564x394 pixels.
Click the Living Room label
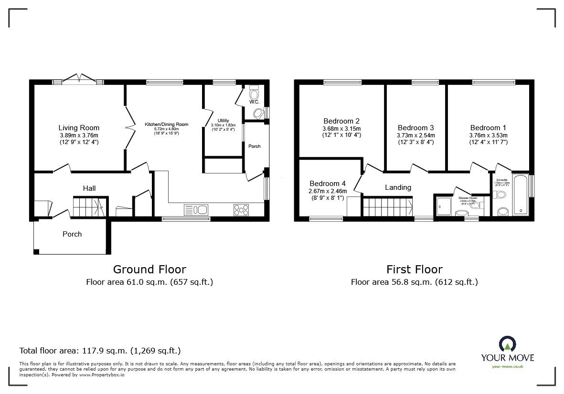(x=79, y=127)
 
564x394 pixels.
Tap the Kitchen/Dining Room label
(x=166, y=124)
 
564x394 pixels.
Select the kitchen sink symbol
(x=196, y=209)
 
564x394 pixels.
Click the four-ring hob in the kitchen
(x=241, y=209)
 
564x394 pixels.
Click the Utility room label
(x=223, y=120)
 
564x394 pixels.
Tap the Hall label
(x=89, y=188)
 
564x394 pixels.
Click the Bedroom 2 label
(x=341, y=121)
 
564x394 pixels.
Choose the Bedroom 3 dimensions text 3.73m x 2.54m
(x=415, y=135)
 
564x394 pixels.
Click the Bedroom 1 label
(x=488, y=127)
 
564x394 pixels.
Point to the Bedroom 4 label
(x=327, y=184)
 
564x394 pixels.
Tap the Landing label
(x=398, y=187)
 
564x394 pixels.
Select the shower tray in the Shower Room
(x=442, y=206)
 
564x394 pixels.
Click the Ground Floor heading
(x=149, y=270)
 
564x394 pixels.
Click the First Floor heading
(x=414, y=270)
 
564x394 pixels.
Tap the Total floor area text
(x=100, y=351)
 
